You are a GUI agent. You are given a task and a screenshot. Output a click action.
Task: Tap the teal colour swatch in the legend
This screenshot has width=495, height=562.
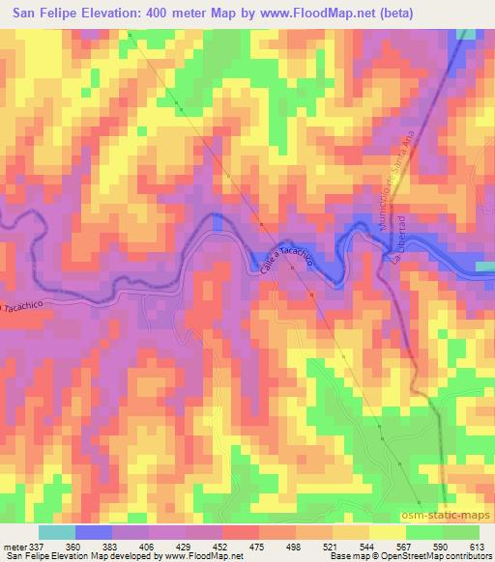(x=57, y=532)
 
